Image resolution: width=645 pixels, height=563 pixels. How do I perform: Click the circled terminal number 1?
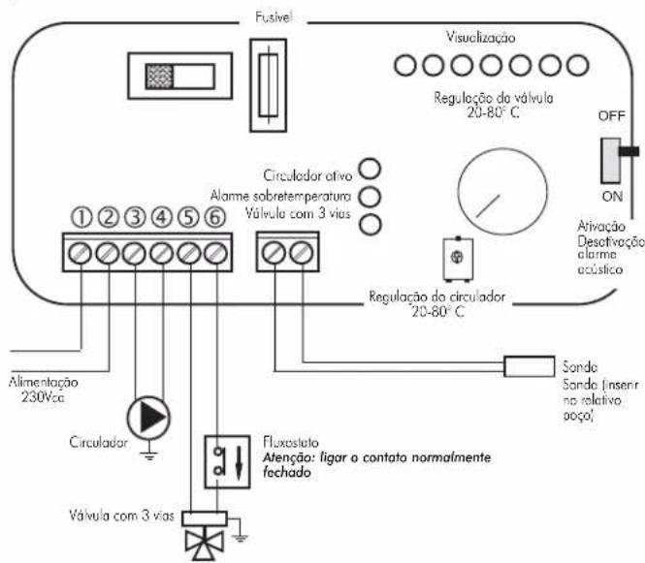(x=81, y=217)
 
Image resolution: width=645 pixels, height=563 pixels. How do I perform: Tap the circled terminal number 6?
(x=214, y=217)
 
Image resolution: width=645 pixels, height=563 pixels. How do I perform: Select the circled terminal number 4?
(x=162, y=217)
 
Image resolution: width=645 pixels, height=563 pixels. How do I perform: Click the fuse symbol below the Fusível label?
(x=269, y=85)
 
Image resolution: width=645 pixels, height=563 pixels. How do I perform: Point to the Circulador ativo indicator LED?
(x=370, y=169)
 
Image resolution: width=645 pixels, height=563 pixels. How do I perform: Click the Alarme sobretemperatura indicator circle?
(x=370, y=197)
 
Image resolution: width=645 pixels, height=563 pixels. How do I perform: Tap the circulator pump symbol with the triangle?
(x=148, y=418)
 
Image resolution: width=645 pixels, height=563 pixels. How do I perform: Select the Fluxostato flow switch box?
(x=228, y=462)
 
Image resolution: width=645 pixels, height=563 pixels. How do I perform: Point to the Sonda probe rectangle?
(x=529, y=366)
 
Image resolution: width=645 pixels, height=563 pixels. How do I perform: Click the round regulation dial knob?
(x=502, y=192)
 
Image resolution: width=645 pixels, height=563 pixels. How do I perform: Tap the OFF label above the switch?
(x=612, y=116)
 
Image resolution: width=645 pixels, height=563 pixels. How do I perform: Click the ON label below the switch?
(x=612, y=197)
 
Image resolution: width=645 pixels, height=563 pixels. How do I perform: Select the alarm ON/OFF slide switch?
(x=611, y=161)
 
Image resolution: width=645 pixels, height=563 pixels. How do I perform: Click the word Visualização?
(x=480, y=38)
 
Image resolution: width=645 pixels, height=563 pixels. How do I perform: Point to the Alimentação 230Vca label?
(x=44, y=390)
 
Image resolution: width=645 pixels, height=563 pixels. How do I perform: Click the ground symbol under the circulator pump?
(x=148, y=454)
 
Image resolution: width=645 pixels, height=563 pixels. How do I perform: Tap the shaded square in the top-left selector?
(x=160, y=77)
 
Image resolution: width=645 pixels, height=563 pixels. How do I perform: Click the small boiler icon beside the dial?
(x=458, y=259)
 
